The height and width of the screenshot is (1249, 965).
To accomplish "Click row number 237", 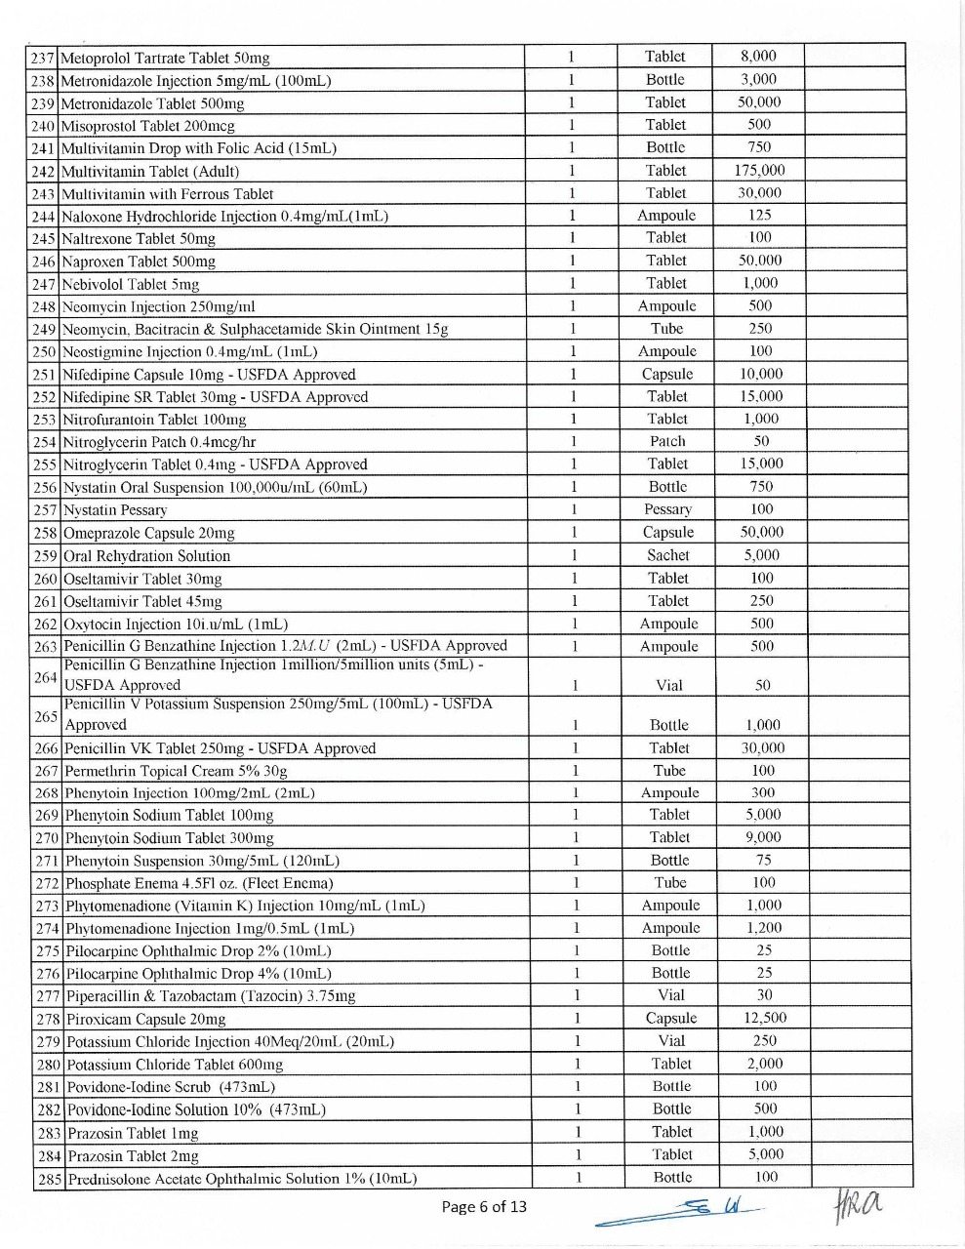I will (x=43, y=59).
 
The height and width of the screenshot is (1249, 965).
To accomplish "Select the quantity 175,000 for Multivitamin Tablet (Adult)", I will (x=759, y=171).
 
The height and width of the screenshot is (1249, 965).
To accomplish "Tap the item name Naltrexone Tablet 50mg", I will (x=139, y=239).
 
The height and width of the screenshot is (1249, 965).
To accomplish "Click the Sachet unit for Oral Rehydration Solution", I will (x=668, y=555).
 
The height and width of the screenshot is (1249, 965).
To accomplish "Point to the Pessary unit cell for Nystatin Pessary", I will (x=668, y=509).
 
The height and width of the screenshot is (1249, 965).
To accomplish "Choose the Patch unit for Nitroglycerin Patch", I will (x=667, y=441).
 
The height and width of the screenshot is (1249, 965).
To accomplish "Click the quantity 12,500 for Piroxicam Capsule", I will (x=765, y=1018).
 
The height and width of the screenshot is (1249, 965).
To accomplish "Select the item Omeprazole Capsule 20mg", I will (x=149, y=533).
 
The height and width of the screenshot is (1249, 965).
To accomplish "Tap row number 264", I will (x=46, y=676).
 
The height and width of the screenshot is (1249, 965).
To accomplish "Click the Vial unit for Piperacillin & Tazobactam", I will (x=671, y=995).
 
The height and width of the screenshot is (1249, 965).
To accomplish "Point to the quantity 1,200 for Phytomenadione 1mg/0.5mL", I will (x=764, y=928).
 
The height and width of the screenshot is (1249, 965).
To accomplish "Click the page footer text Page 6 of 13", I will (x=484, y=1207).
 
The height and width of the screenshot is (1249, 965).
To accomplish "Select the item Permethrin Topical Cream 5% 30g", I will (x=176, y=771).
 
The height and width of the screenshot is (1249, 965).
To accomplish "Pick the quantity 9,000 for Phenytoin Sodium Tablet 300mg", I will (x=763, y=837).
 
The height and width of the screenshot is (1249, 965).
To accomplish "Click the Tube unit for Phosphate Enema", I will (x=670, y=883).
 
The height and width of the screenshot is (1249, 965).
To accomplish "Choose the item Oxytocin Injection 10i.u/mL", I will (x=176, y=624).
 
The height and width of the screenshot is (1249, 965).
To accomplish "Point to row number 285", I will (x=50, y=1179).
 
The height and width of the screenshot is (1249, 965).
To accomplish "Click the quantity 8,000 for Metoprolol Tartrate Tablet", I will (x=758, y=57).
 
